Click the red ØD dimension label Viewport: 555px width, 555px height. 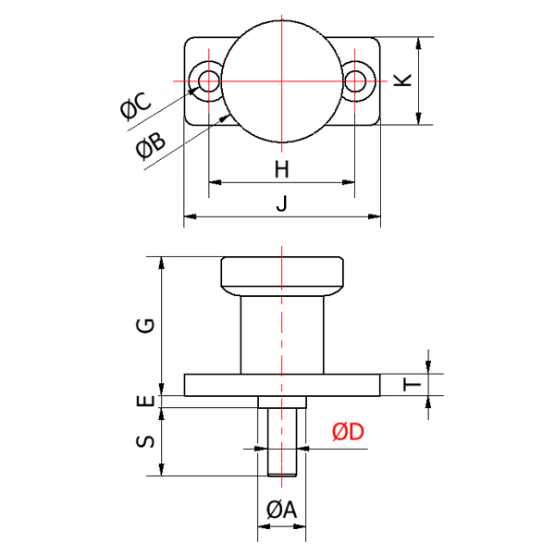click(x=348, y=431)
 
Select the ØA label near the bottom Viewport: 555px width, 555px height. click(x=281, y=510)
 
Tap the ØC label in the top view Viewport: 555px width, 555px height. click(x=136, y=105)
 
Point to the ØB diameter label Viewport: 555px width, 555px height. click(x=151, y=146)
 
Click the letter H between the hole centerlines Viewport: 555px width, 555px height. click(x=282, y=169)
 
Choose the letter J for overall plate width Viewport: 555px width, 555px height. click(x=281, y=203)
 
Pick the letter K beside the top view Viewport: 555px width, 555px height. click(x=402, y=80)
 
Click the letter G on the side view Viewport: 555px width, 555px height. click(x=145, y=326)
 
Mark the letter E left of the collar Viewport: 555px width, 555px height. click(x=145, y=401)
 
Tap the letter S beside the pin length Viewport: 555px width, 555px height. click(x=145, y=442)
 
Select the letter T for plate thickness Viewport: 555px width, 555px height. click(x=412, y=384)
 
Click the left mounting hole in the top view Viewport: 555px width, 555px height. click(x=208, y=81)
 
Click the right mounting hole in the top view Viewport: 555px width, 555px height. click(x=355, y=81)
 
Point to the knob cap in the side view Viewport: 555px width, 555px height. click(x=282, y=276)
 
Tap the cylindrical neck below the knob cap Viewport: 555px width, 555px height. click(x=282, y=335)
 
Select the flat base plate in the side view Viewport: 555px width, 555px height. click(x=282, y=385)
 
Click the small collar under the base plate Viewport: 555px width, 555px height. click(x=282, y=401)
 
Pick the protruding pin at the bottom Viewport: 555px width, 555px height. click(x=282, y=442)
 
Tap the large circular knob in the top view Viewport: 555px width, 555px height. click(x=282, y=81)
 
